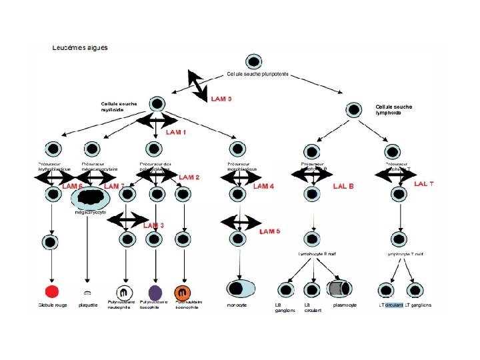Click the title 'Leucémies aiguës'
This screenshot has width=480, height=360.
79,48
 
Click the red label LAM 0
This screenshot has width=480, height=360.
221,99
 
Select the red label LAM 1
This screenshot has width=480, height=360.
176,133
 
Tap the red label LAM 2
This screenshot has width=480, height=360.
189,177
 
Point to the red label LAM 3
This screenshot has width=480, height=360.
153,225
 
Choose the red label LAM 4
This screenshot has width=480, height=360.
263,187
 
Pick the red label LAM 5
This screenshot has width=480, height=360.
269,231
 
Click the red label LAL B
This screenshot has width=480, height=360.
343,186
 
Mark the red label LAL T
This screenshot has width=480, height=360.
424,183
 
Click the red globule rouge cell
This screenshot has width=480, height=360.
51,291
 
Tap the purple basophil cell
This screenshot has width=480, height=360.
155,291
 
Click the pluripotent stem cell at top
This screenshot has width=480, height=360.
253,62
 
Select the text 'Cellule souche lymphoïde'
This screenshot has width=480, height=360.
393,109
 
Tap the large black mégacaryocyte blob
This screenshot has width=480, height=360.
91,197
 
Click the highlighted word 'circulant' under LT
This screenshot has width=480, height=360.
394,305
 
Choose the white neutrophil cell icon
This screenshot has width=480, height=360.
125,292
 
